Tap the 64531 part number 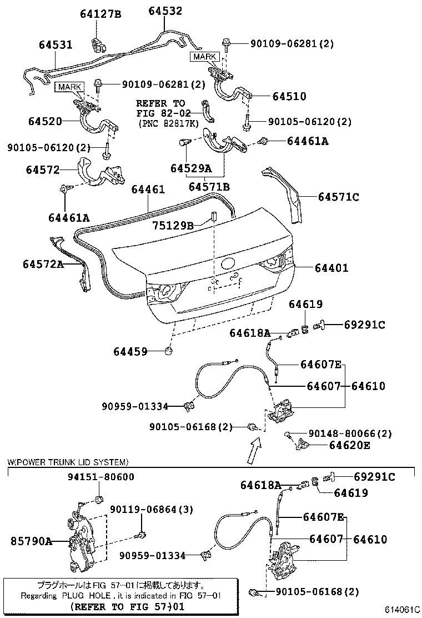click(56, 44)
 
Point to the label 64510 click(289, 96)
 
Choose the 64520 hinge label click(45, 121)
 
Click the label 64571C click(338, 196)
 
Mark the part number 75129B click(173, 225)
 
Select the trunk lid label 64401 click(331, 268)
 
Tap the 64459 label click(130, 351)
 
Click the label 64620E click(350, 445)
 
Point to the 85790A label click(31, 540)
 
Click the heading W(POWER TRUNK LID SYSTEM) click(68, 462)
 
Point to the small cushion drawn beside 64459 click(170, 351)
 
